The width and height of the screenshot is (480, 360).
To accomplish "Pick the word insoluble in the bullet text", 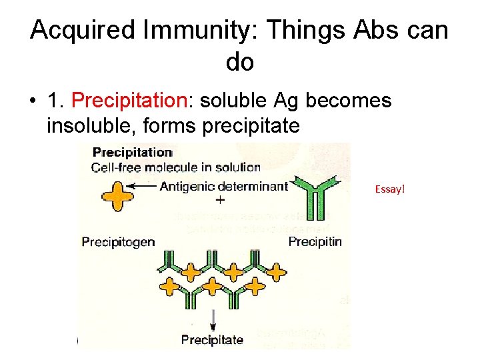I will pyautogui.click(x=88, y=125).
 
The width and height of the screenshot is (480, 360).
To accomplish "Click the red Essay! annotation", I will pyautogui.click(x=390, y=189).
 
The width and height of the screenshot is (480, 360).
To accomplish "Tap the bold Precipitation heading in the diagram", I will pyautogui.click(x=132, y=153).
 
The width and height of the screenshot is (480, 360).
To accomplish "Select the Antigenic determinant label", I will pyautogui.click(x=223, y=186).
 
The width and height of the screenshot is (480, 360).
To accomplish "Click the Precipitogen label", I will pyautogui.click(x=118, y=241).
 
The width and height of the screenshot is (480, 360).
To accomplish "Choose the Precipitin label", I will pyautogui.click(x=315, y=241).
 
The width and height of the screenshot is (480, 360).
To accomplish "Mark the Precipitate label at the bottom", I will pyautogui.click(x=212, y=340).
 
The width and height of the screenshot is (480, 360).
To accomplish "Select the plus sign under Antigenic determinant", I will pyautogui.click(x=220, y=200).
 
